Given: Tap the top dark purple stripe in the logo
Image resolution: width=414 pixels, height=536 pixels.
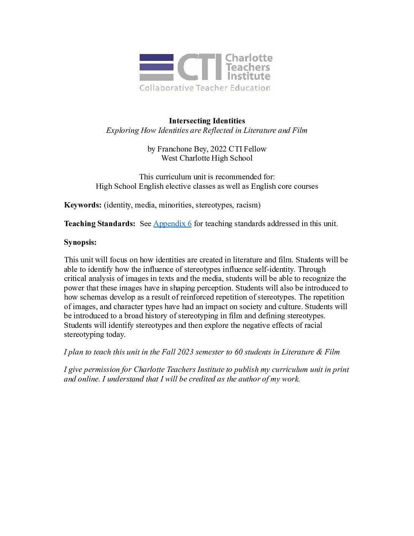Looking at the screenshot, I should pos(156,57).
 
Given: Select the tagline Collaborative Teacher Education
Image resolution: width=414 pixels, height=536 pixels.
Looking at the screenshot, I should pos(205,88).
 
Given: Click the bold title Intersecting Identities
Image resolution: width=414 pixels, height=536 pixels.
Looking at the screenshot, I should pos(207,121).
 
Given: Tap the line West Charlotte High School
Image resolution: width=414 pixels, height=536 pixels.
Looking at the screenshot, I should pos(207,158).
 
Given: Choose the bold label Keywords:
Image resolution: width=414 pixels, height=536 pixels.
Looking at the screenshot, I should pos(83,205).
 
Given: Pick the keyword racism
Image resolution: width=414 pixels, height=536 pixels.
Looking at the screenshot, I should pos(248,205).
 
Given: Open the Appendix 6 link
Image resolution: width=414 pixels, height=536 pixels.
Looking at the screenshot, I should pos(172,223).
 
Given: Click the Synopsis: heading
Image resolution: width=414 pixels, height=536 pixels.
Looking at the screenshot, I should pos(80,242).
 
